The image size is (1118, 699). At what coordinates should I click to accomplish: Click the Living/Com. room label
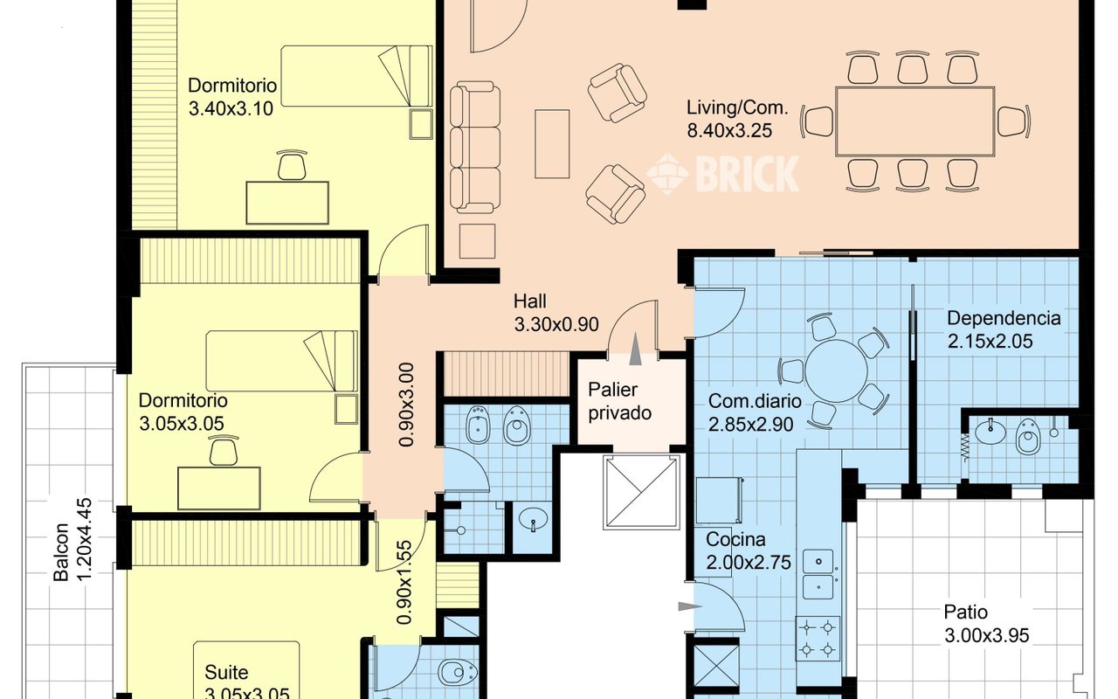737,108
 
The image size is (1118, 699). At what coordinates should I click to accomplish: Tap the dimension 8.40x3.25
729,131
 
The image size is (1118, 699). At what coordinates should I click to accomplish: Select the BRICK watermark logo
722,174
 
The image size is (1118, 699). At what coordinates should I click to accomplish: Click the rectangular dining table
914,121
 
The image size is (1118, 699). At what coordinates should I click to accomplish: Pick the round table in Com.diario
836,371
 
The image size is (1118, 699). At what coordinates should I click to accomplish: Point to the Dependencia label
1004,319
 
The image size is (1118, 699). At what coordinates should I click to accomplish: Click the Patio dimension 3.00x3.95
987,635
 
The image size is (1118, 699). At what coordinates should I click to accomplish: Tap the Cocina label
735,540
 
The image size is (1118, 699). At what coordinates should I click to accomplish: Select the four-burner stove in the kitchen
818,639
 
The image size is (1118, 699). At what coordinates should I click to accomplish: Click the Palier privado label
619,401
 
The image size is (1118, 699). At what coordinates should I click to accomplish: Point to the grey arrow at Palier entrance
635,349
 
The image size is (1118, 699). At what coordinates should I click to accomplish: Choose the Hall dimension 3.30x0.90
556,324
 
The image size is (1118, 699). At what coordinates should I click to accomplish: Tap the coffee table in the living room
552,144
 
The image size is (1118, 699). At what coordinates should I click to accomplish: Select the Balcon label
60,552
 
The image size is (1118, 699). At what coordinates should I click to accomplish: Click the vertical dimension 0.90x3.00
406,405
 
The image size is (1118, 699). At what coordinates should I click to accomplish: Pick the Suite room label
226,673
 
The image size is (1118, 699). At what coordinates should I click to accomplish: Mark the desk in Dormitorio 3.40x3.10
287,203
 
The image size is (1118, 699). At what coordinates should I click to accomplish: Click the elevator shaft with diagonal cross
641,492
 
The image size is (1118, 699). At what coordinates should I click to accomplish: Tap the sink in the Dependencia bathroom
990,432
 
